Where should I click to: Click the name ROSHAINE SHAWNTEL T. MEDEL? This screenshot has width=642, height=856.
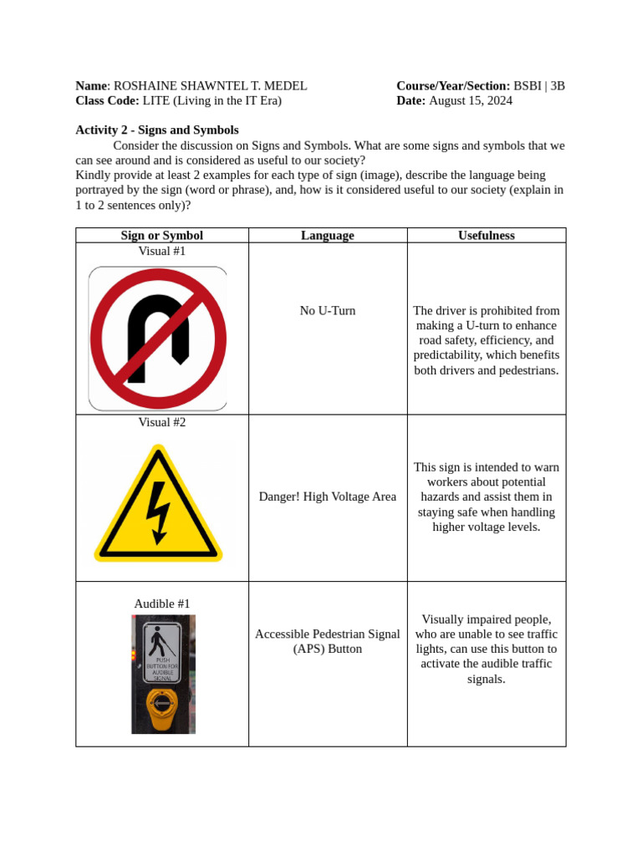210,86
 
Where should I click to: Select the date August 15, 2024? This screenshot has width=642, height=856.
471,101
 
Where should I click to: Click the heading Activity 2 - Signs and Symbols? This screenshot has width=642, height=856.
157,130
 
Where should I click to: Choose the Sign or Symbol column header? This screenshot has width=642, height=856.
162,236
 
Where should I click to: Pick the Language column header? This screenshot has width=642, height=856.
328,236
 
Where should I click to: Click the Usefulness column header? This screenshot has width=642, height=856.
487,236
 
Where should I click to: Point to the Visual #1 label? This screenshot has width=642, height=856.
162,251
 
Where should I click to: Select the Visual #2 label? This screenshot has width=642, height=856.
162,422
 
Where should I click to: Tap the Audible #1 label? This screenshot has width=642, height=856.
162,604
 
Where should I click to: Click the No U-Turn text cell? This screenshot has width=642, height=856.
328,311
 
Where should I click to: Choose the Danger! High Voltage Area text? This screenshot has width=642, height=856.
328,497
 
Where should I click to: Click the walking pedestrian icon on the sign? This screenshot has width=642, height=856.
157,640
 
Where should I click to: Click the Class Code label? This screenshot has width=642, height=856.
107,101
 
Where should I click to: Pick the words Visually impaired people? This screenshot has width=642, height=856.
487,619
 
